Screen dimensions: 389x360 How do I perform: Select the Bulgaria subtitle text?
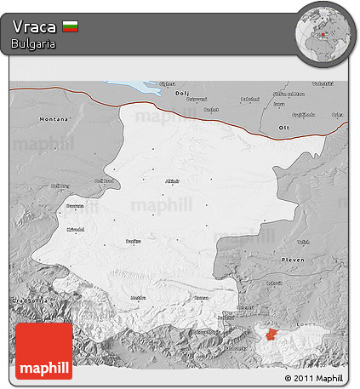point(34,43)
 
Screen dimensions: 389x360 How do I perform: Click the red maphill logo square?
point(44,351)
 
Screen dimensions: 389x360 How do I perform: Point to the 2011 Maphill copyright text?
point(313,377)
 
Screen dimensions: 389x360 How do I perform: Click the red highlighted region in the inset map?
point(271,335)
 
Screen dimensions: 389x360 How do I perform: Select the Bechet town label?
point(211,110)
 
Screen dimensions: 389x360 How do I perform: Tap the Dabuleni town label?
point(249,99)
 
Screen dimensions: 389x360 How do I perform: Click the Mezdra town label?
point(137,297)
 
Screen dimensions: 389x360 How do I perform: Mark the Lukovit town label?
point(274,283)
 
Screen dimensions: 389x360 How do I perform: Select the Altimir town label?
point(173,181)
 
